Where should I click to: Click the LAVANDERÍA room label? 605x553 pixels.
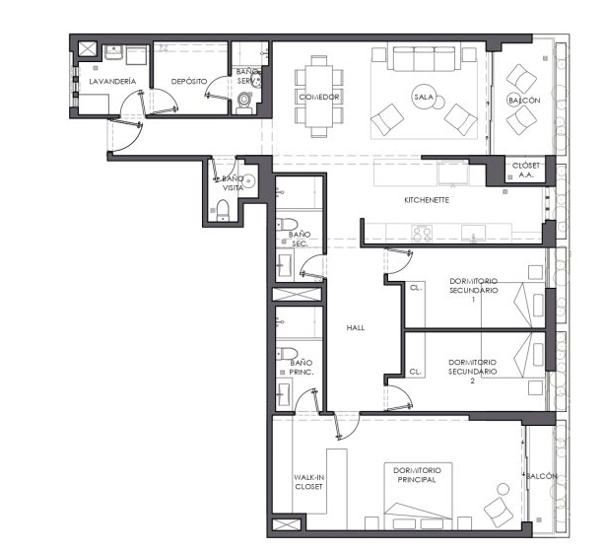point(112,82)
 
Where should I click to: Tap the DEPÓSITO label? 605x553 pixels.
point(189,82)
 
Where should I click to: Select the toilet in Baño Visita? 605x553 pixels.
point(223,210)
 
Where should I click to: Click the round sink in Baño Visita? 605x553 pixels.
point(250,180)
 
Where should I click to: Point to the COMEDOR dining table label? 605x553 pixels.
point(319,97)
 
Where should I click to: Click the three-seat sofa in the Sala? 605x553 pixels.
point(424,59)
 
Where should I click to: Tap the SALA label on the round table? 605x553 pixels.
point(424,97)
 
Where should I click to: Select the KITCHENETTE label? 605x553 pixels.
point(427,200)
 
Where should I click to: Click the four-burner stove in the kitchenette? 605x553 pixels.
point(422,233)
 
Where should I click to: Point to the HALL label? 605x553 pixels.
point(356,327)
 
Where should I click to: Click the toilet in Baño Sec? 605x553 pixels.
point(287,224)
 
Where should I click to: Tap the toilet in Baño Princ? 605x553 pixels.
point(287,353)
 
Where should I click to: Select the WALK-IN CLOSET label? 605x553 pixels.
point(308,482)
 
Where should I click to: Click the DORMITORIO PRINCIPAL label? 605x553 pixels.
point(417,475)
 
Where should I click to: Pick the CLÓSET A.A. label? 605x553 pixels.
point(526,170)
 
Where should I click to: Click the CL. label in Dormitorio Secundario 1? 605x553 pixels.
point(416,288)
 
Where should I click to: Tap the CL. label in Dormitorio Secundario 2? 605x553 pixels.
point(415,372)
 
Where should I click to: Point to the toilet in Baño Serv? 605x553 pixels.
point(243,102)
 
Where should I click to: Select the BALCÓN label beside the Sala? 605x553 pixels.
point(524,101)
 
